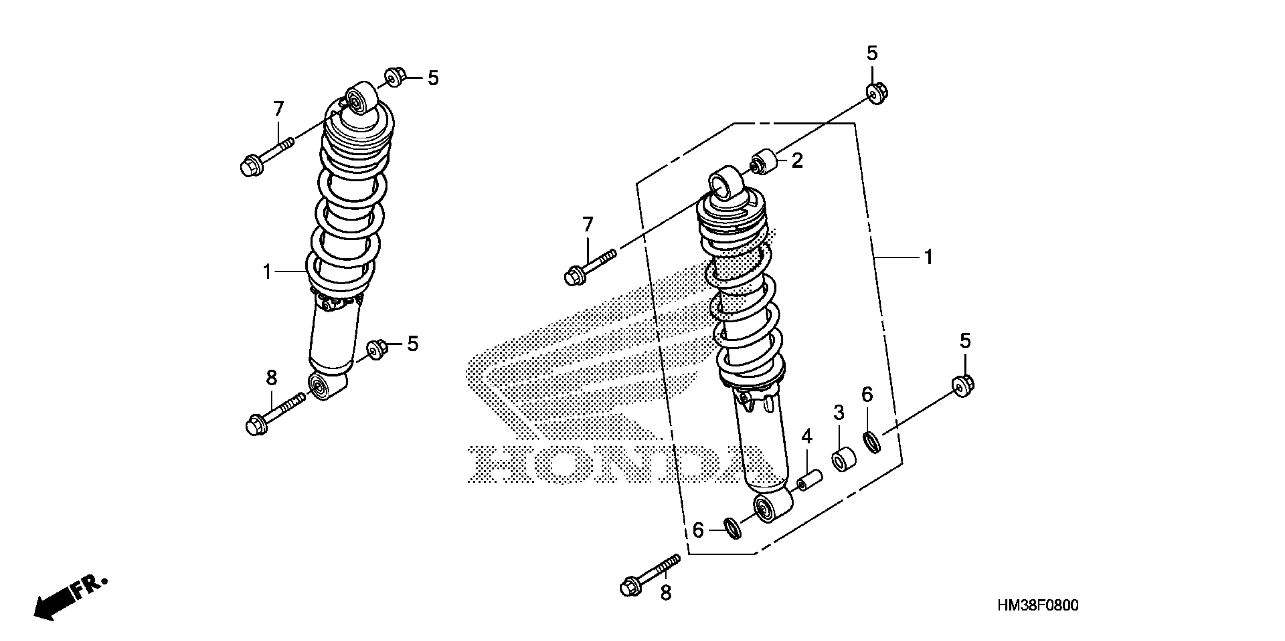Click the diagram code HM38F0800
tap(1038, 606)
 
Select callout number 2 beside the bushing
tap(797, 161)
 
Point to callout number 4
tap(807, 437)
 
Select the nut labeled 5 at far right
tap(964, 386)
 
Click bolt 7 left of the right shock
tap(589, 265)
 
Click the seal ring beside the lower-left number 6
tap(732, 529)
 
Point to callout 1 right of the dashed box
tap(928, 258)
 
